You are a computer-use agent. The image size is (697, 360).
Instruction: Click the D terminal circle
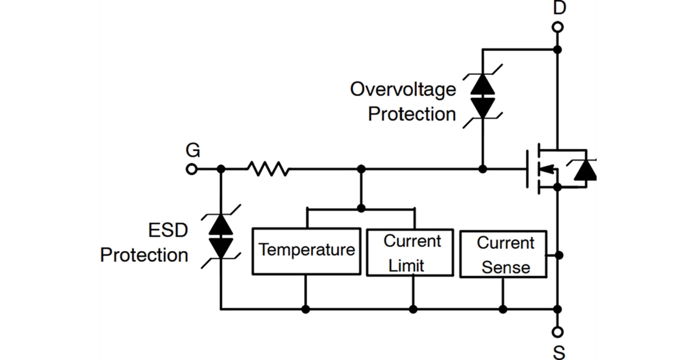pos(558,27)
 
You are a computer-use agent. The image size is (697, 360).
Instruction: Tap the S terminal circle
pos(558,332)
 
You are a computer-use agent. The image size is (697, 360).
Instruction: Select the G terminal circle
pos(191,169)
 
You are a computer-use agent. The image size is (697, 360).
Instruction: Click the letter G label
pos(192,151)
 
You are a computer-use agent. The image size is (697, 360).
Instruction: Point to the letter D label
pos(559,8)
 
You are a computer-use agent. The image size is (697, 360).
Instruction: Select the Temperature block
pos(306,250)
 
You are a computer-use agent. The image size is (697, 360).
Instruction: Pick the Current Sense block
pos(503,255)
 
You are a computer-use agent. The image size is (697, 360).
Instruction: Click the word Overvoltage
pos(403,89)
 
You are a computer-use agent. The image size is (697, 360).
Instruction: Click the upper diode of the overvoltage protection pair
pos(482,85)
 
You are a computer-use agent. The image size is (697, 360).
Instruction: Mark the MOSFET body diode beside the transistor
pos(585,170)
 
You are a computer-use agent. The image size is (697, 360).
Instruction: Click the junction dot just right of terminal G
pos(221,169)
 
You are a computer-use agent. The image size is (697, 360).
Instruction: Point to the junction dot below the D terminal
pos(558,49)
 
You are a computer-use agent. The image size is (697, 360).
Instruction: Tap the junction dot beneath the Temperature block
pos(306,309)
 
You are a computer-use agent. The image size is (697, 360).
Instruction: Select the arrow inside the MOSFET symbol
pos(545,170)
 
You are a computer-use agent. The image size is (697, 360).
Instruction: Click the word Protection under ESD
pos(144,255)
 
